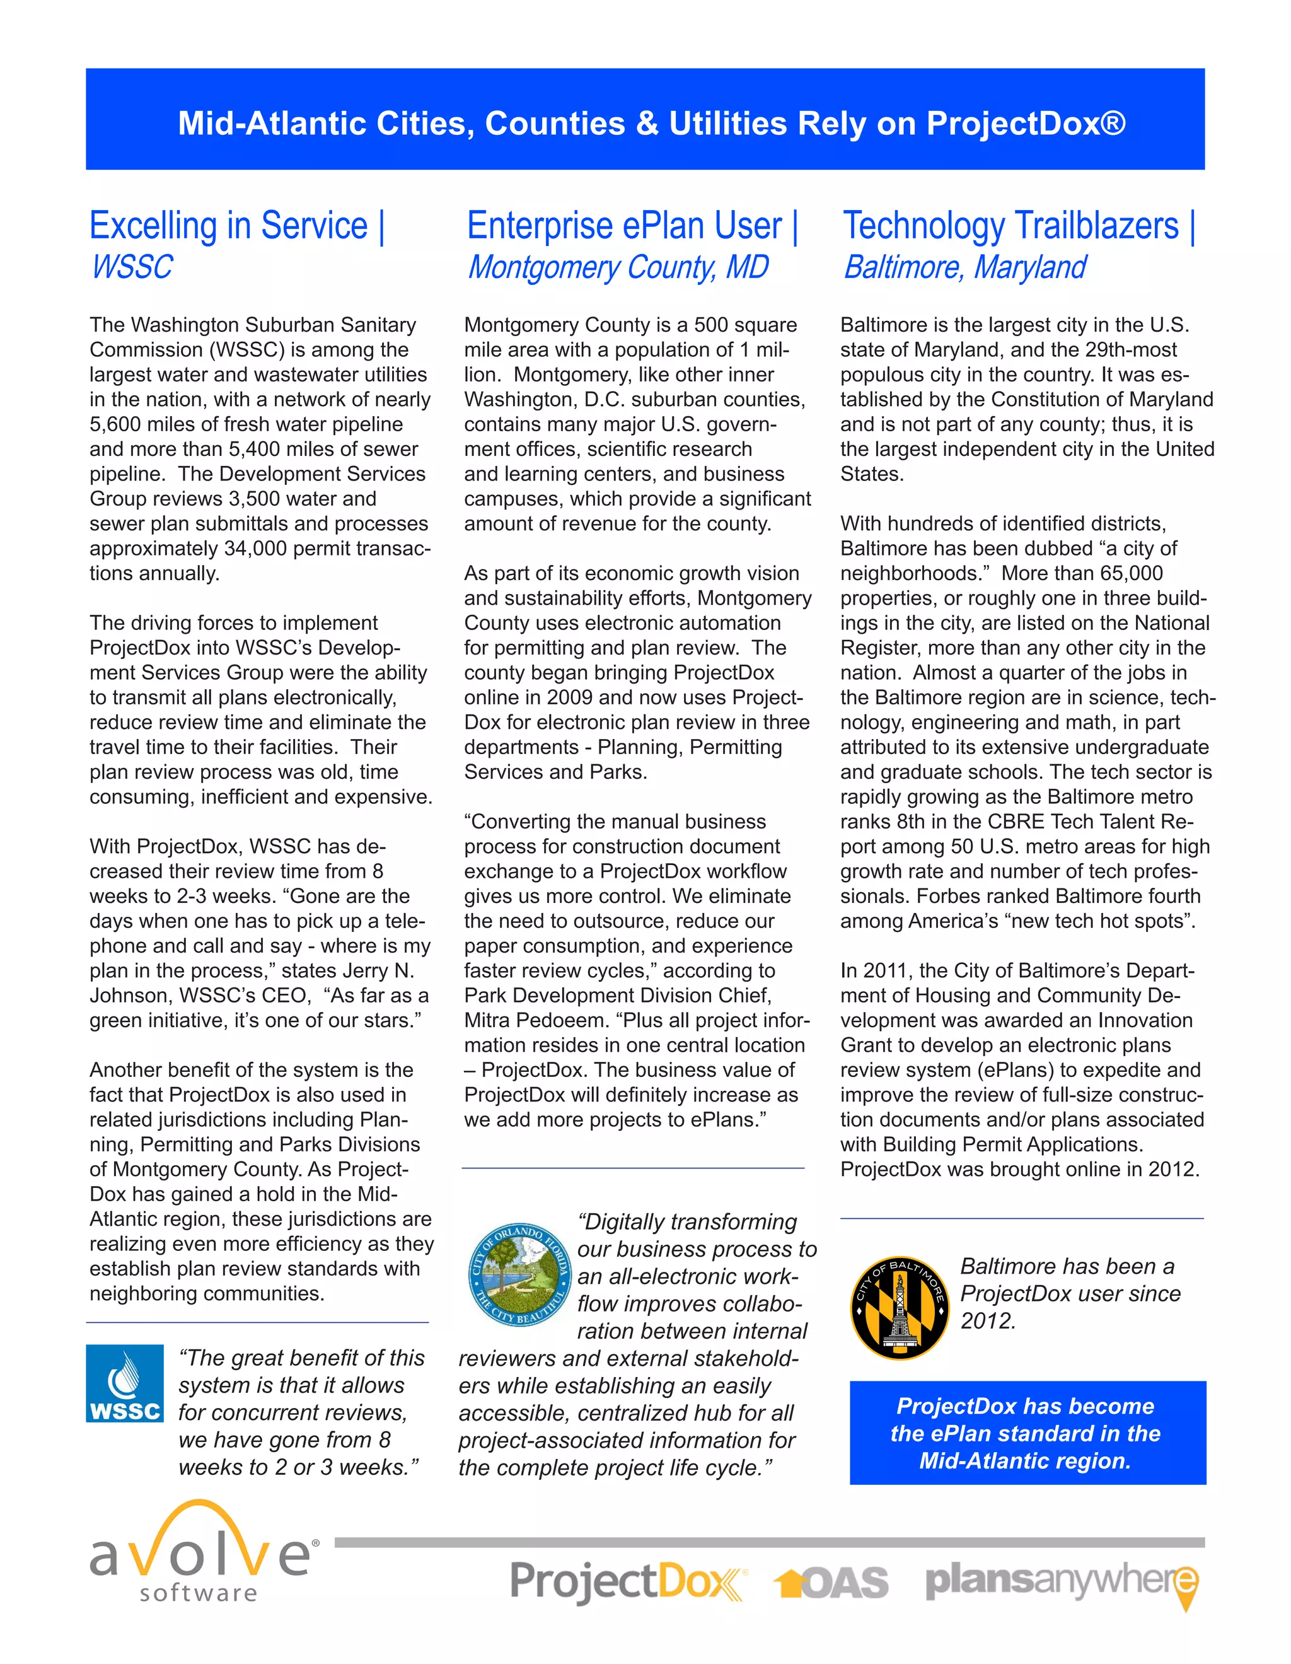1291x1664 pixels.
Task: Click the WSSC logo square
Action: point(125,1383)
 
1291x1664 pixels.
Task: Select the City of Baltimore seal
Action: point(899,1308)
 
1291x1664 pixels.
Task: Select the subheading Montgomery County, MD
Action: point(618,267)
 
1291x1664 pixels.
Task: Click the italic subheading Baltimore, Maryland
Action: point(964,267)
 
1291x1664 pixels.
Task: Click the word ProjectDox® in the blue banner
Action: point(1026,124)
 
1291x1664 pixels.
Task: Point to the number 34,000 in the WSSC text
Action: point(260,549)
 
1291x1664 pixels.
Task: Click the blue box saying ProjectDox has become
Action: point(1027,1433)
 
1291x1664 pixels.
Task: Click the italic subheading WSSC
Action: point(132,267)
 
